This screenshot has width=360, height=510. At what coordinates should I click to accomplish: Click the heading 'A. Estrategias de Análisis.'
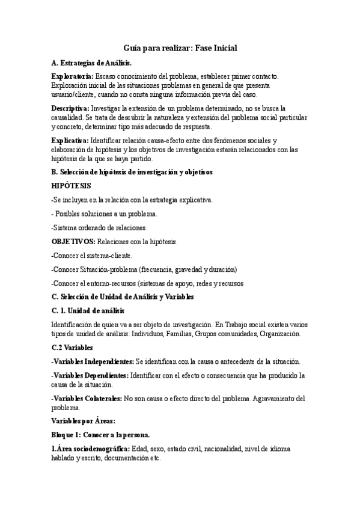[91, 63]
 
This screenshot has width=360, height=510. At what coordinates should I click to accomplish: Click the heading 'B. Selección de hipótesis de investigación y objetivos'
[132, 172]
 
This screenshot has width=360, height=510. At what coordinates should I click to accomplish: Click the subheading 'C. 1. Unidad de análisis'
[88, 311]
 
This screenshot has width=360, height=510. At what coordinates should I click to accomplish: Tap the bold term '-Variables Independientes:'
[93, 361]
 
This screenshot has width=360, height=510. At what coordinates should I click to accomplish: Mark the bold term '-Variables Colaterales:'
[87, 398]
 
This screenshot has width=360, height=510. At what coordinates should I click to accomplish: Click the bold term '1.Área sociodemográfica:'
[90, 449]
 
